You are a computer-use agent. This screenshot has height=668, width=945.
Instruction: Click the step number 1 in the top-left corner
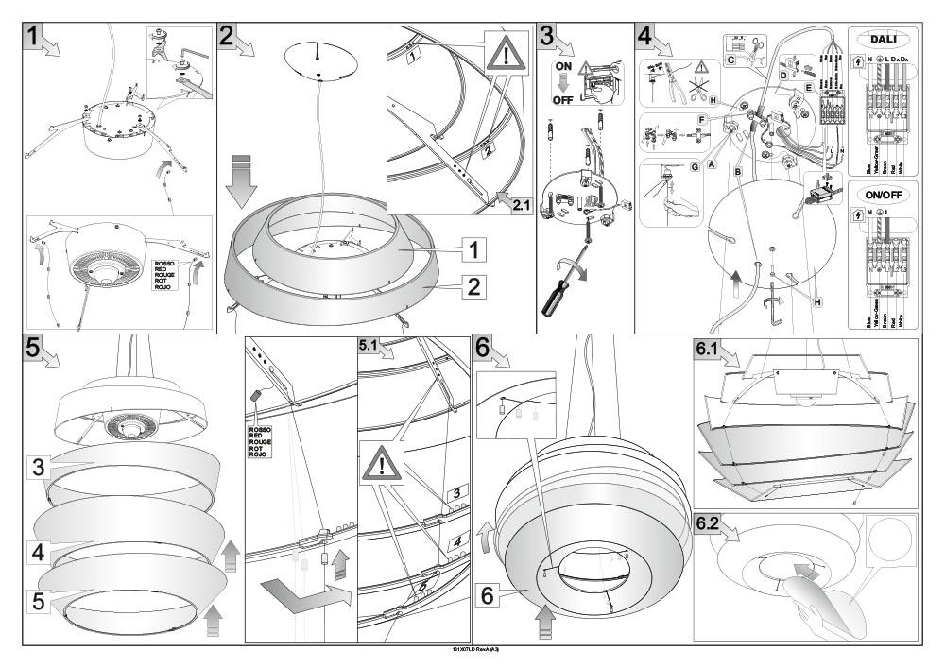34,37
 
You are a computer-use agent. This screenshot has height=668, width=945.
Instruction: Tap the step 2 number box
228,37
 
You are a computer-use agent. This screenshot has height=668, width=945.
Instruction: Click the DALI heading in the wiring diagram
883,40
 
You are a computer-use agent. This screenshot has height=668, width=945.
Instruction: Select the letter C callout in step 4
730,59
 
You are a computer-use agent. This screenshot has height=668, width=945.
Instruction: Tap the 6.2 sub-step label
707,525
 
